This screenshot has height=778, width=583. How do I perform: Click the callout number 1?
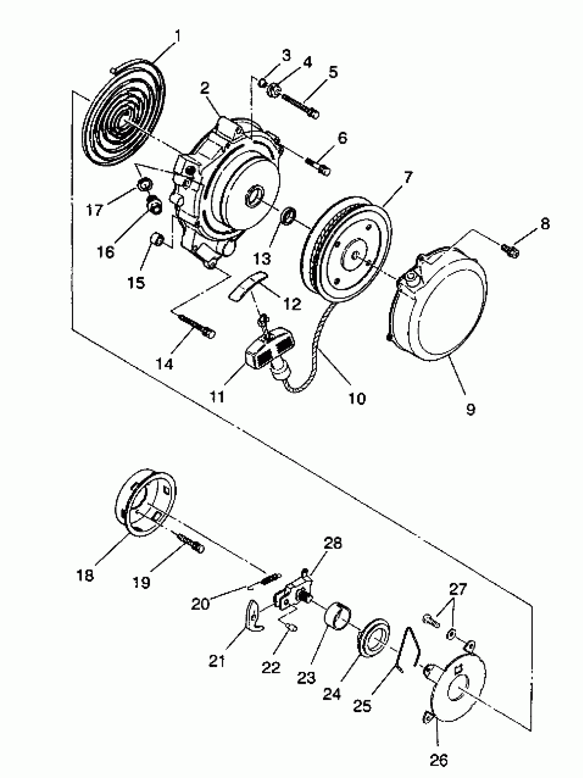click(x=178, y=36)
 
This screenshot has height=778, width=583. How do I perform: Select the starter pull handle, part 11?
click(x=270, y=348)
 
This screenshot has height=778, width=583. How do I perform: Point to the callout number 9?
click(x=471, y=409)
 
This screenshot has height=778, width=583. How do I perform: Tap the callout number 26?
click(x=438, y=760)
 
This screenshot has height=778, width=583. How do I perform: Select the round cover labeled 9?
click(x=440, y=310)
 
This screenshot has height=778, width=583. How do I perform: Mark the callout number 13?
click(x=262, y=259)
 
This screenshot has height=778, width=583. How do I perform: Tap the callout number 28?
click(x=333, y=543)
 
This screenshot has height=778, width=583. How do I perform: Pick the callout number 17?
click(x=94, y=210)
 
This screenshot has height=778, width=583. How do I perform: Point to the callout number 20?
click(x=200, y=604)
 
